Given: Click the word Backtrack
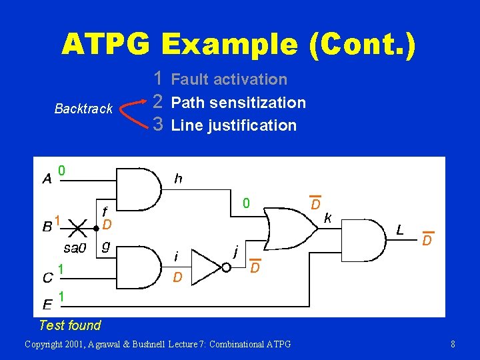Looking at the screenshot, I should tap(83, 109).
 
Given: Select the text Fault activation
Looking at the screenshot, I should tap(229, 79).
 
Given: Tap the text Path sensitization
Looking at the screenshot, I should tap(238, 103).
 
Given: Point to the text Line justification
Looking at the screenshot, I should tap(233, 125).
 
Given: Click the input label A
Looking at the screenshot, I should tap(47, 179).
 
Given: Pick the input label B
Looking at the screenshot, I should tap(47, 227).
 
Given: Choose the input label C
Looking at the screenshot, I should tap(47, 276).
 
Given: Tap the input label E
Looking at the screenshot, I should tap(47, 305).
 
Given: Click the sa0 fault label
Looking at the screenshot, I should tap(75, 249).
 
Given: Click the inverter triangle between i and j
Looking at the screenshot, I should tap(212, 268).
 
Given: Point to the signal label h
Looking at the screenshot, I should tap(178, 178).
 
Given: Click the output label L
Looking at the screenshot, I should tap(399, 230).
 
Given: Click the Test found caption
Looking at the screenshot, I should tap(70, 325).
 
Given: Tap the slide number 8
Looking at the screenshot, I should tap(453, 344).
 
